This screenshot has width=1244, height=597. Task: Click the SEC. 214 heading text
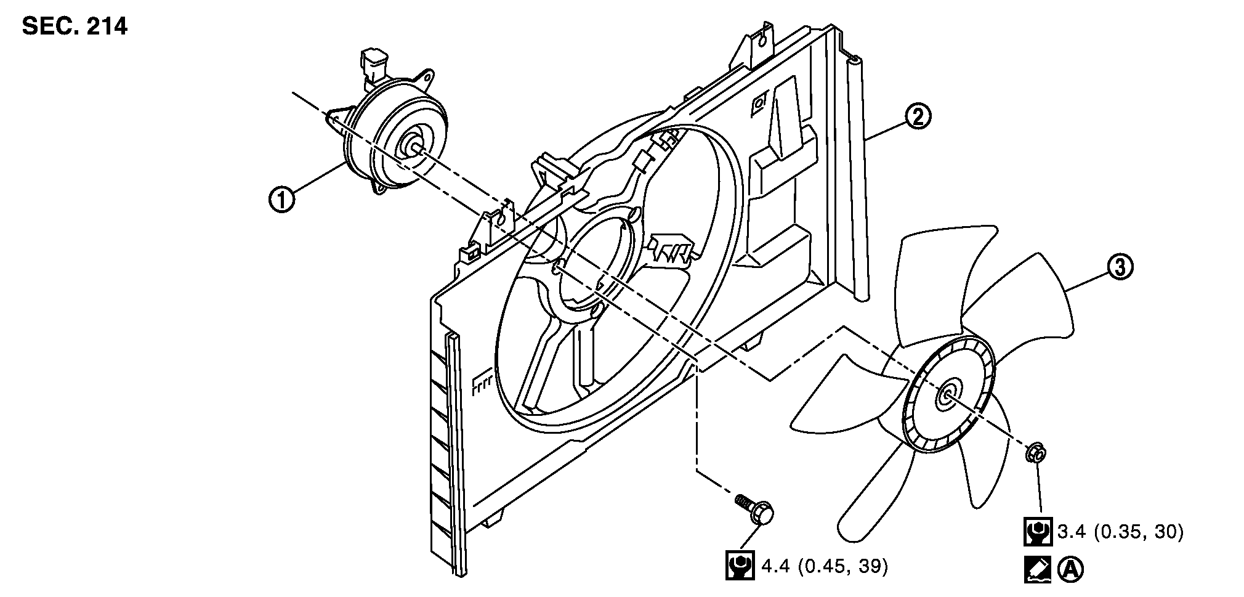point(75,26)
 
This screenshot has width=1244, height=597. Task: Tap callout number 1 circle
point(281,200)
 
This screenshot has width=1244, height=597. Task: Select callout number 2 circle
point(918,116)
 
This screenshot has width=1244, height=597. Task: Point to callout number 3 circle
point(1120,267)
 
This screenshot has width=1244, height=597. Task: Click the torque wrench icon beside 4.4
point(740,566)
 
